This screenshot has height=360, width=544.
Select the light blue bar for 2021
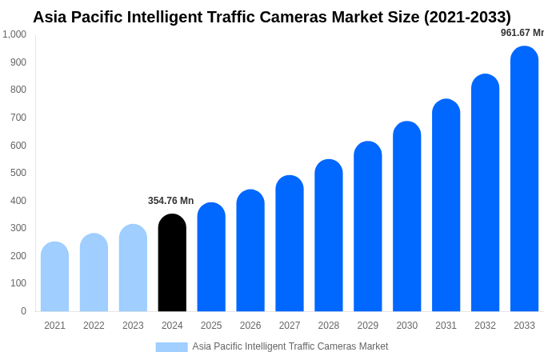pos(54,276)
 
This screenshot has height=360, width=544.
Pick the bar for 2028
pos(328,235)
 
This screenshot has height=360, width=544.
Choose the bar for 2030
pos(406,216)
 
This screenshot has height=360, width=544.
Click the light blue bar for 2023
pos(133,267)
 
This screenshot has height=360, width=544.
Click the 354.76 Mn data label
pos(170,201)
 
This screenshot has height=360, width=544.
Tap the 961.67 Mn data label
pos(522,33)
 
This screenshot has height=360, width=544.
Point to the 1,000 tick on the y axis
pos(14,34)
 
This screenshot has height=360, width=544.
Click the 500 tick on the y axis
pos(18,173)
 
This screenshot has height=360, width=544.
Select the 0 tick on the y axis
pos(23,311)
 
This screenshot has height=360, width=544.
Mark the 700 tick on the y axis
pos(18,118)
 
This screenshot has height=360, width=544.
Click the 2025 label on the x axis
pos(211,326)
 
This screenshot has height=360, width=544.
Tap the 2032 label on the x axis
pos(485,326)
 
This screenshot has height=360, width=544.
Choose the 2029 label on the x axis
pos(367,326)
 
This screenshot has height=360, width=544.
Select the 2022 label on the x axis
pos(94,326)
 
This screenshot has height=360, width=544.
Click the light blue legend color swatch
pos(171,347)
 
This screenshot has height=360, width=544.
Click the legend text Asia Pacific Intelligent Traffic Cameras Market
pos(290,346)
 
